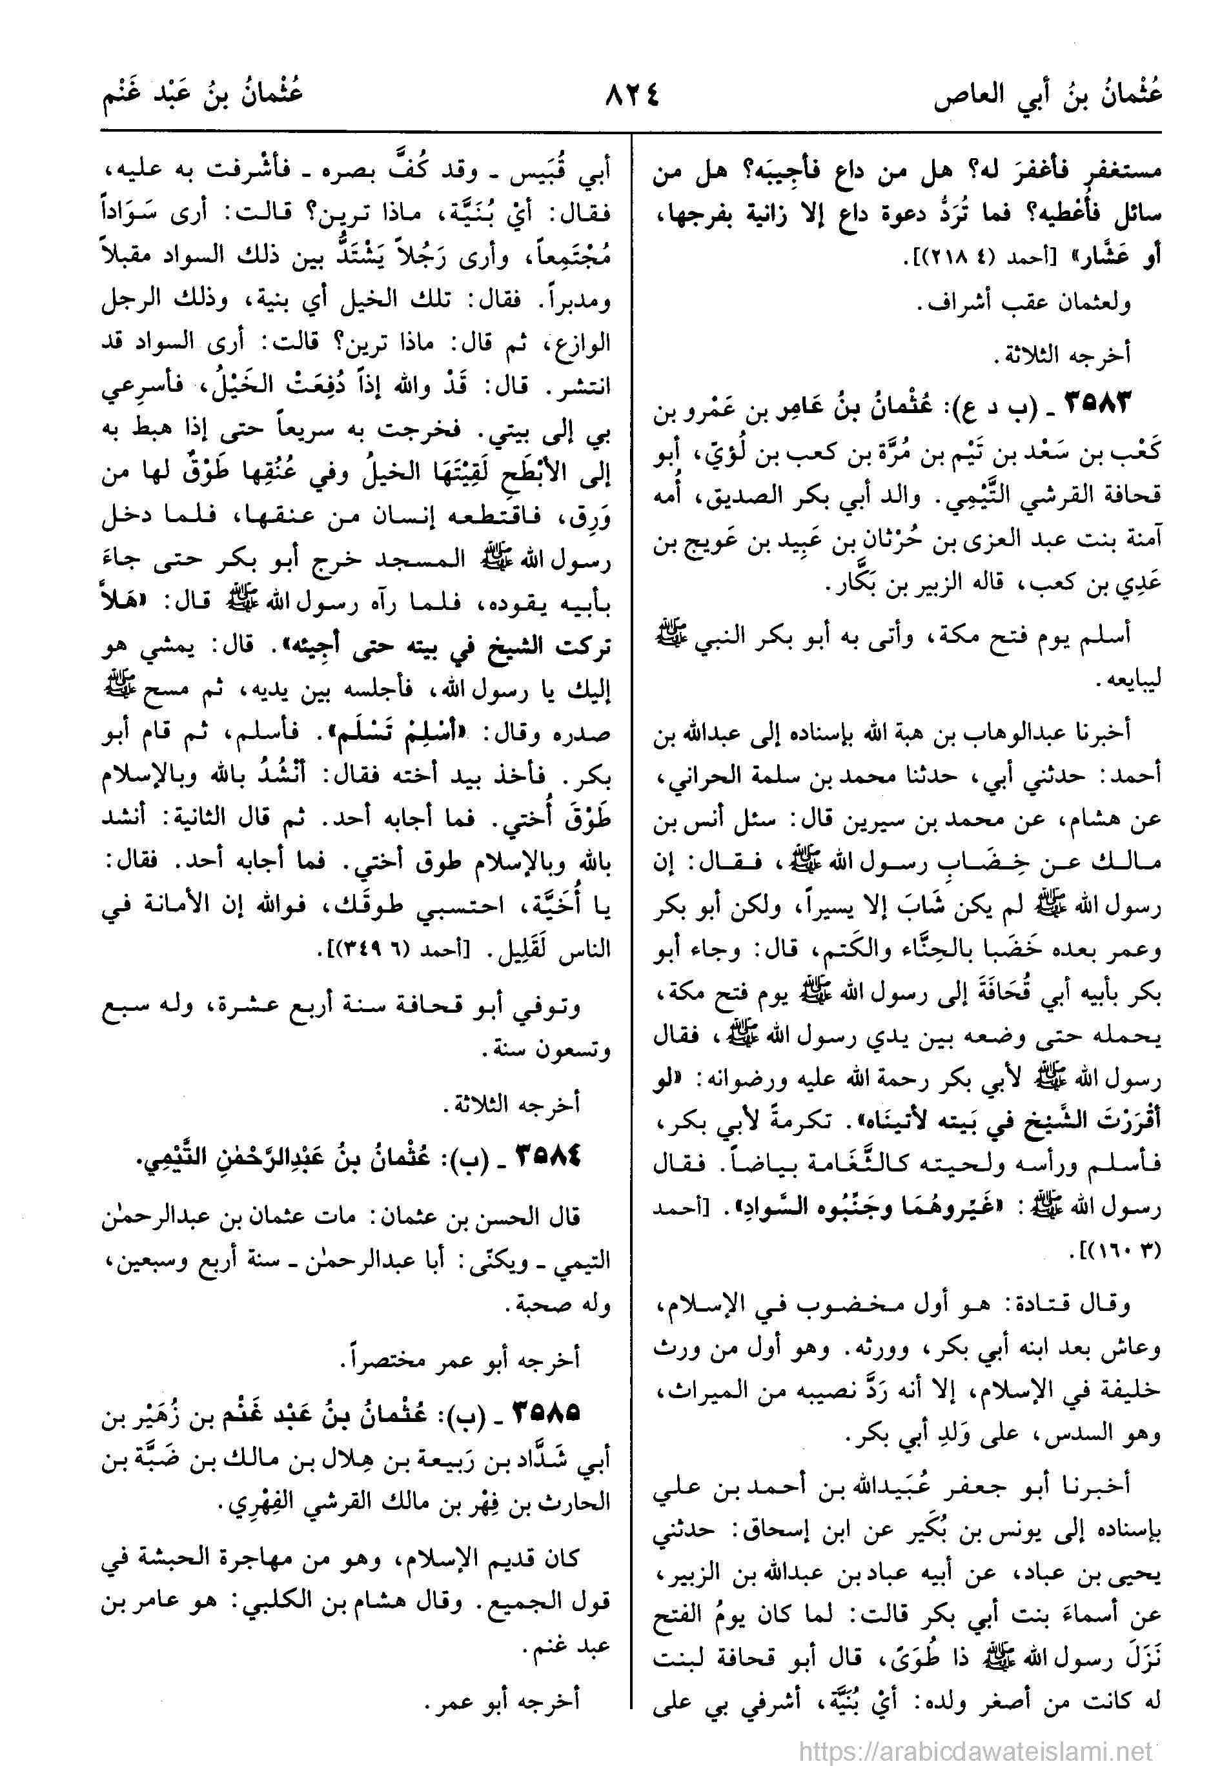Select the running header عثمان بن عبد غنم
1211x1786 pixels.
pos(203,100)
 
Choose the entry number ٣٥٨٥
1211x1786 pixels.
pos(545,1412)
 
